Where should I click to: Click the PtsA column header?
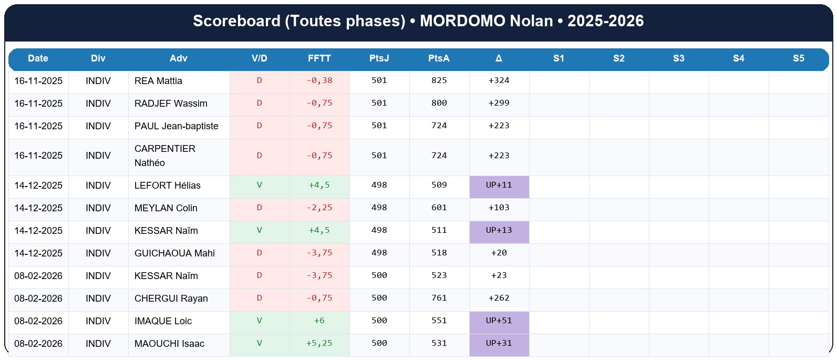439,58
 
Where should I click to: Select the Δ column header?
499,58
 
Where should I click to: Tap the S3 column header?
679,58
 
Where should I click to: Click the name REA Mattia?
158,81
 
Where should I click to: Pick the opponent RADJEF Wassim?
171,104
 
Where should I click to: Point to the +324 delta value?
499,80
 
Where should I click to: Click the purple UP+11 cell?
499,185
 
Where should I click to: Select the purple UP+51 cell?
499,321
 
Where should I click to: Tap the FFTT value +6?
319,321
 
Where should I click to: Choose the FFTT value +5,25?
319,343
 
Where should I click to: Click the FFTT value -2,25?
319,208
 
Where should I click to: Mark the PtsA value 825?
439,80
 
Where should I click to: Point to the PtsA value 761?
439,298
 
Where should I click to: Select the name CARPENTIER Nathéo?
164,156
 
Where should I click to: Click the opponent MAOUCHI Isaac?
169,344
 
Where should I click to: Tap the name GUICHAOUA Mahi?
174,253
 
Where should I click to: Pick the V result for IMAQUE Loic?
259,321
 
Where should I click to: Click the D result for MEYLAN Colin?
259,208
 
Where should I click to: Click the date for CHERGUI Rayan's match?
38,299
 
